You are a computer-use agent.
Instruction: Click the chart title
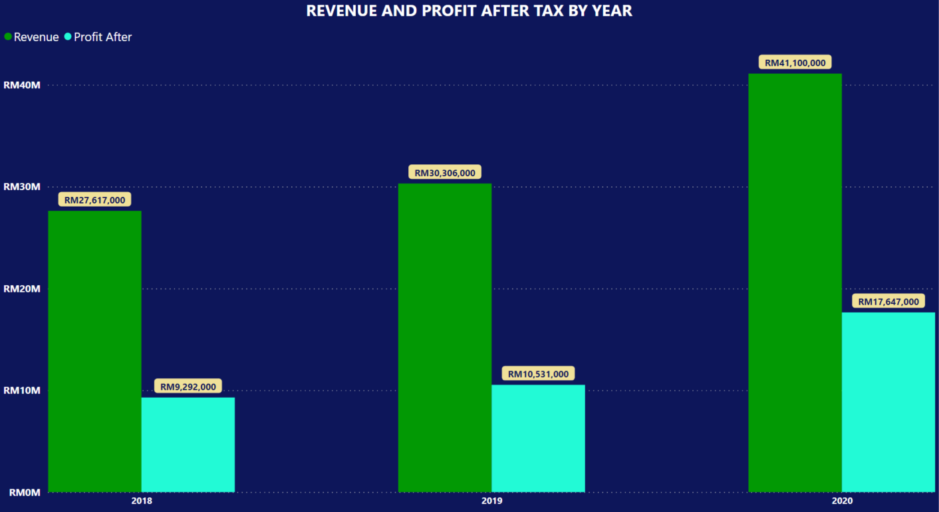point(469,11)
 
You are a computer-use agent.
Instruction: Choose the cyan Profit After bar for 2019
point(538,438)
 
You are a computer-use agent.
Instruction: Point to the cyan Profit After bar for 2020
point(888,402)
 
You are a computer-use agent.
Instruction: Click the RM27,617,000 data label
point(95,199)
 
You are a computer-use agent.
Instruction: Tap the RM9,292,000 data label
point(188,386)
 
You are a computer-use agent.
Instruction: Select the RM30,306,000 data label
point(445,173)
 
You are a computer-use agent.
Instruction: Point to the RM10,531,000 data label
point(538,374)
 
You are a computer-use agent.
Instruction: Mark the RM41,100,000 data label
point(795,63)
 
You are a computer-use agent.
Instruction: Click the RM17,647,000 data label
point(888,302)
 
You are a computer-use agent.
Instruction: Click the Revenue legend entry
point(32,37)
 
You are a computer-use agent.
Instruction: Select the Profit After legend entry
point(98,37)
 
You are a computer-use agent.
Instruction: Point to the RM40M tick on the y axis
point(22,85)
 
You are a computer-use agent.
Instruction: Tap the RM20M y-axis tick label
point(22,289)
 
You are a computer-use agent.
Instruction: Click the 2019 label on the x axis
point(491,501)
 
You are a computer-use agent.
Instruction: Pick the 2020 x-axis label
point(841,501)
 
